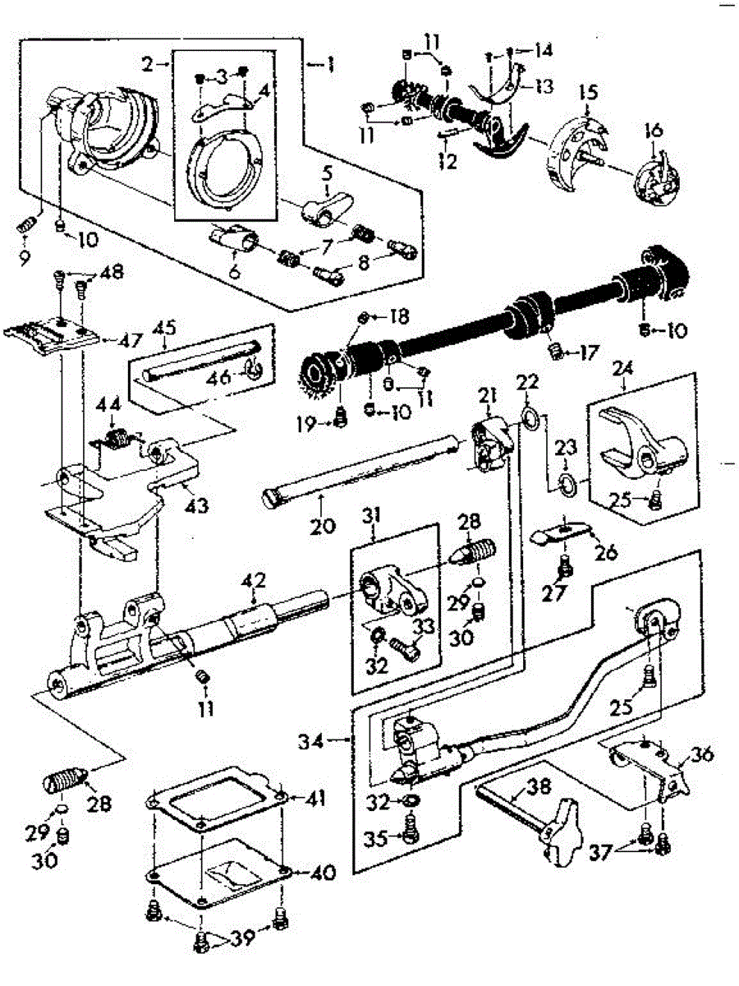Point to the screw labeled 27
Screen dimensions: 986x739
[x=566, y=566]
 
